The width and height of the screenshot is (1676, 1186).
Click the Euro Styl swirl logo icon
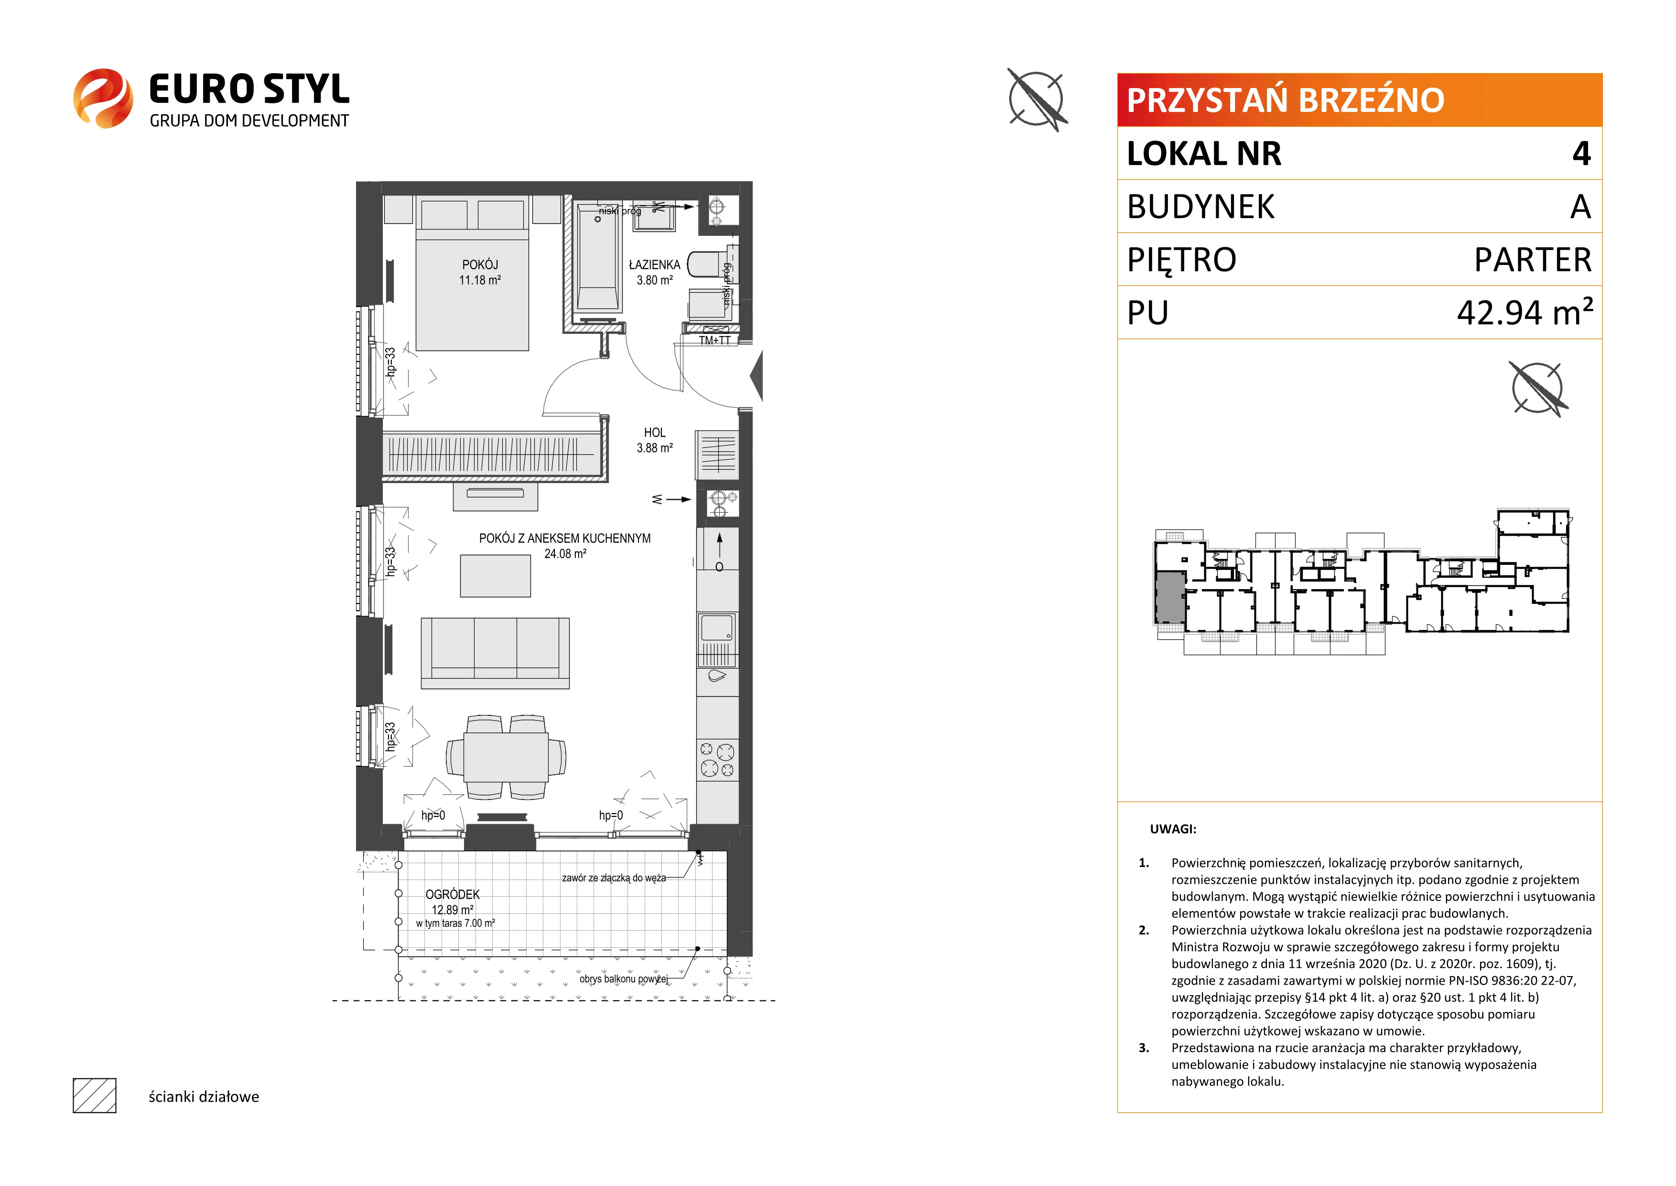click(x=103, y=99)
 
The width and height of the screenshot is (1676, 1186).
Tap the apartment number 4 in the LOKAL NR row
click(x=1581, y=154)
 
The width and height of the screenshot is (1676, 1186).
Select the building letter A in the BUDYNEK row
click(x=1580, y=207)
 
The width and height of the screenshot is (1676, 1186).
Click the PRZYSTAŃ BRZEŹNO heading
click(x=1286, y=100)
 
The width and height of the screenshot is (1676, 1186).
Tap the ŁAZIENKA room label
click(x=654, y=264)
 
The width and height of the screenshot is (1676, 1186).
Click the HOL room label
click(x=655, y=432)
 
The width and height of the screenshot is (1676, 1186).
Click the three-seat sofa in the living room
click(x=495, y=653)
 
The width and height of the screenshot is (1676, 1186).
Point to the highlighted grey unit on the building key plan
click(x=1170, y=597)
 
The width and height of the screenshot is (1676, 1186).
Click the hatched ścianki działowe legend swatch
click(x=95, y=1096)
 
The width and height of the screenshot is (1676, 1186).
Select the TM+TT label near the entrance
click(x=714, y=340)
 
